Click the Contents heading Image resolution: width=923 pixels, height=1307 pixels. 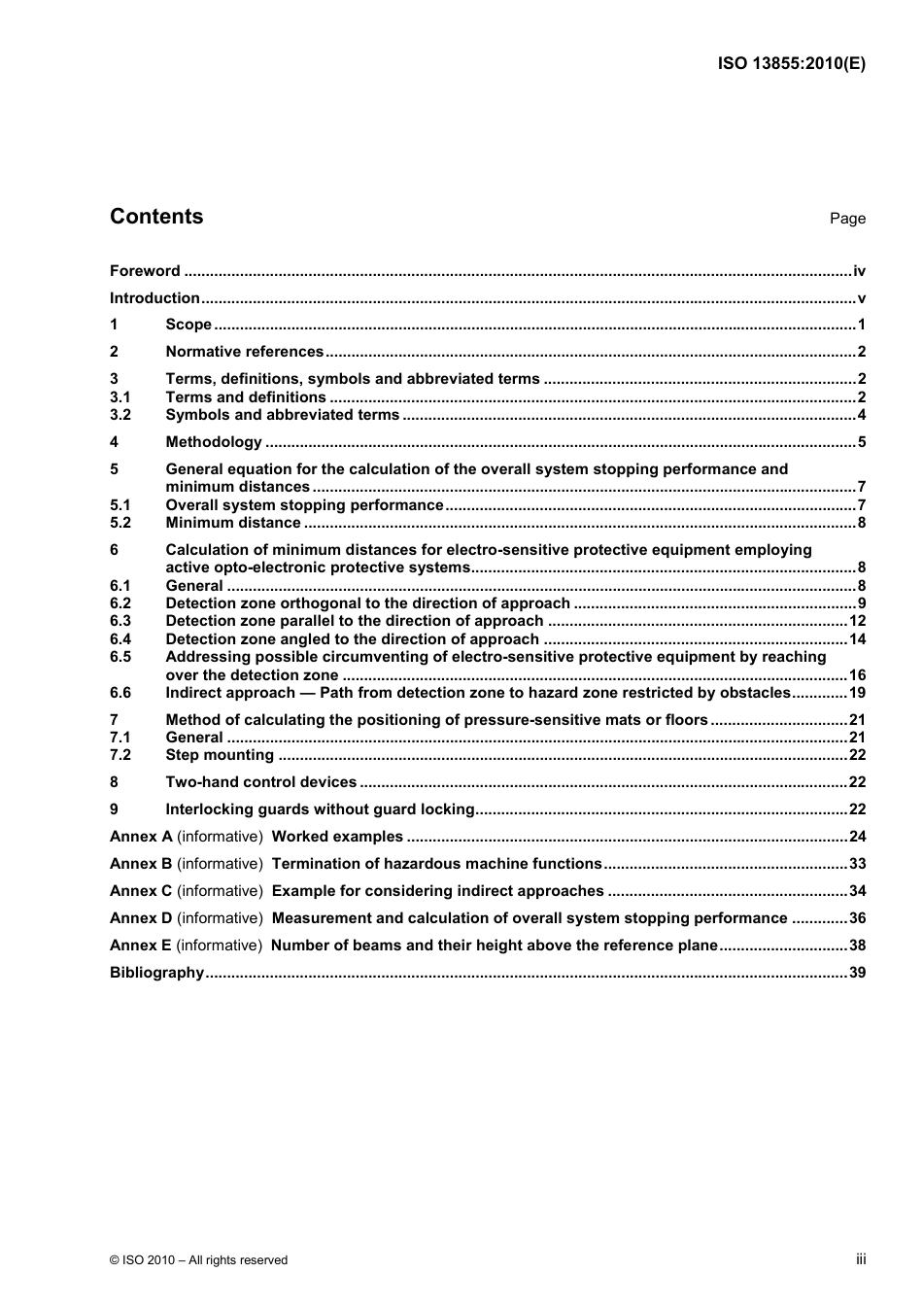(156, 217)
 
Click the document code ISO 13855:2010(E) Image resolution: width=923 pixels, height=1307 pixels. (791, 64)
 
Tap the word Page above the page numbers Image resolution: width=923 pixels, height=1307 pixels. (847, 219)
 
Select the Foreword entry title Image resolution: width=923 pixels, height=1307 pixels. (145, 271)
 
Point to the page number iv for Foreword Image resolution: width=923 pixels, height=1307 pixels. (859, 271)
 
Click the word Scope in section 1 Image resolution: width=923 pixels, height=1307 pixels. (188, 325)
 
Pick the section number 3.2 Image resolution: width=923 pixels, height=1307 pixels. (120, 415)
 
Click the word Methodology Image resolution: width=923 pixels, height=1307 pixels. (214, 442)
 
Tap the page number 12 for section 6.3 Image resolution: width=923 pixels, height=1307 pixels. (857, 621)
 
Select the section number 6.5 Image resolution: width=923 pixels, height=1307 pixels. (120, 657)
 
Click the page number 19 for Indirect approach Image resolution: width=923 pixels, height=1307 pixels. (857, 693)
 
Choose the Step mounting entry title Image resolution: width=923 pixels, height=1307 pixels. (220, 755)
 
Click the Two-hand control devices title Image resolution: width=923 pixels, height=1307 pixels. (261, 782)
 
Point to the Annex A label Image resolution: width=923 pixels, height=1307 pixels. (141, 837)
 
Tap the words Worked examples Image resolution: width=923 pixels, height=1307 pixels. (337, 837)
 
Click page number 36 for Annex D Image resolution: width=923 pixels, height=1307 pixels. (857, 918)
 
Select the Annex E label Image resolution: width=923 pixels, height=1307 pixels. (141, 946)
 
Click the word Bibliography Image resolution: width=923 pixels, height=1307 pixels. (156, 973)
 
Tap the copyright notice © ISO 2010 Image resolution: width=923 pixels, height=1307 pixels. (199, 1260)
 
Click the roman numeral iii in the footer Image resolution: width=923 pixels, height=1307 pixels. (861, 1259)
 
